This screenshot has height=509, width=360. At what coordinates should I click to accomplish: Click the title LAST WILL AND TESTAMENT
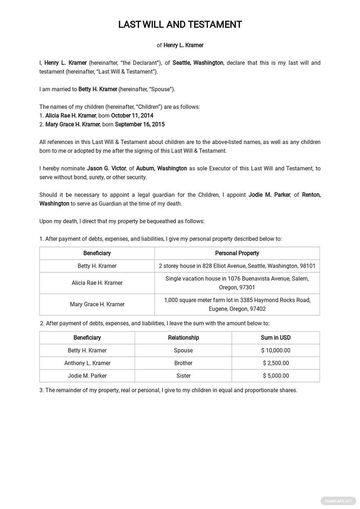pos(180,25)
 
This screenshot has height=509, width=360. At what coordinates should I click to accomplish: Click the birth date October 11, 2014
pos(132,115)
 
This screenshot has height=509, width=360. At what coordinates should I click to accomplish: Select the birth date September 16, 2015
pos(139,124)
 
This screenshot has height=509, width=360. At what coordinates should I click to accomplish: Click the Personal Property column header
pos(237,253)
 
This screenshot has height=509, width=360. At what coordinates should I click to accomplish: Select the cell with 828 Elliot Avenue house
pos(237,266)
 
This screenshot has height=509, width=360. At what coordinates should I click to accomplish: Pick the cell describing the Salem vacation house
pos(237,283)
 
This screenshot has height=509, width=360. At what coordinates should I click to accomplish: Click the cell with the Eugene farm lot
pos(237,304)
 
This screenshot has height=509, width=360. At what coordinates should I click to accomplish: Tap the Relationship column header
pos(183,337)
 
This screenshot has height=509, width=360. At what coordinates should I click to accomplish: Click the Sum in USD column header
pos(275,337)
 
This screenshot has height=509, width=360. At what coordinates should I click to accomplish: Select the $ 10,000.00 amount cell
pos(275,350)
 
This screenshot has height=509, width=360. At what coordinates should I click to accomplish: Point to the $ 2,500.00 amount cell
pos(275,363)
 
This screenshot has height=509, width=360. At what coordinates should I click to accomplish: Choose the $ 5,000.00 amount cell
pos(275,376)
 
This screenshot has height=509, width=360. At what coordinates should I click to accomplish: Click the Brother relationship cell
pos(183,363)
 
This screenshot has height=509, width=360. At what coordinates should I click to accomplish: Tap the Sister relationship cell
pos(183,376)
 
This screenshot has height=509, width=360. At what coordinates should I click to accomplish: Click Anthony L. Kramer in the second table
pos(87,363)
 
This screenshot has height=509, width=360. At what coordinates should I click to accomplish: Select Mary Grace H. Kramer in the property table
pos(97,304)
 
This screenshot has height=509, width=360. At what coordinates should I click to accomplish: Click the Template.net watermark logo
pos(338,501)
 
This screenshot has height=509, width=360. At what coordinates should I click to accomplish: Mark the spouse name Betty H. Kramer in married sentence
pos(98,89)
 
